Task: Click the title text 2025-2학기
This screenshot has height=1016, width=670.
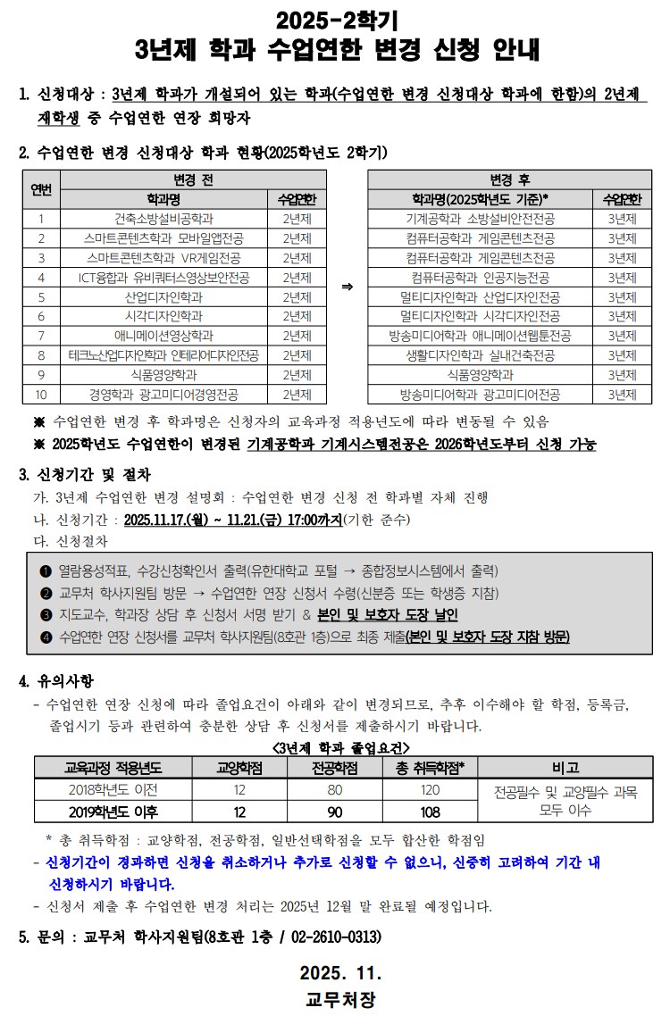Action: click(x=336, y=17)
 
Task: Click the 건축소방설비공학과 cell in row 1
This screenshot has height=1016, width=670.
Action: click(x=163, y=218)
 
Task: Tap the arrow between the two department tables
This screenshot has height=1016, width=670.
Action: click(x=348, y=287)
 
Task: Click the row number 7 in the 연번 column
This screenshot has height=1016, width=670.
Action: click(x=41, y=336)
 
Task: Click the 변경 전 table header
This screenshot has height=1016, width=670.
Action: click(x=193, y=179)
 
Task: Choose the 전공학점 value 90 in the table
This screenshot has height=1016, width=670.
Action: click(x=335, y=812)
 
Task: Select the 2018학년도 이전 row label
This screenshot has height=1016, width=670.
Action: click(x=113, y=789)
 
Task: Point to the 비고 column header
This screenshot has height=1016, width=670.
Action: click(x=565, y=767)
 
